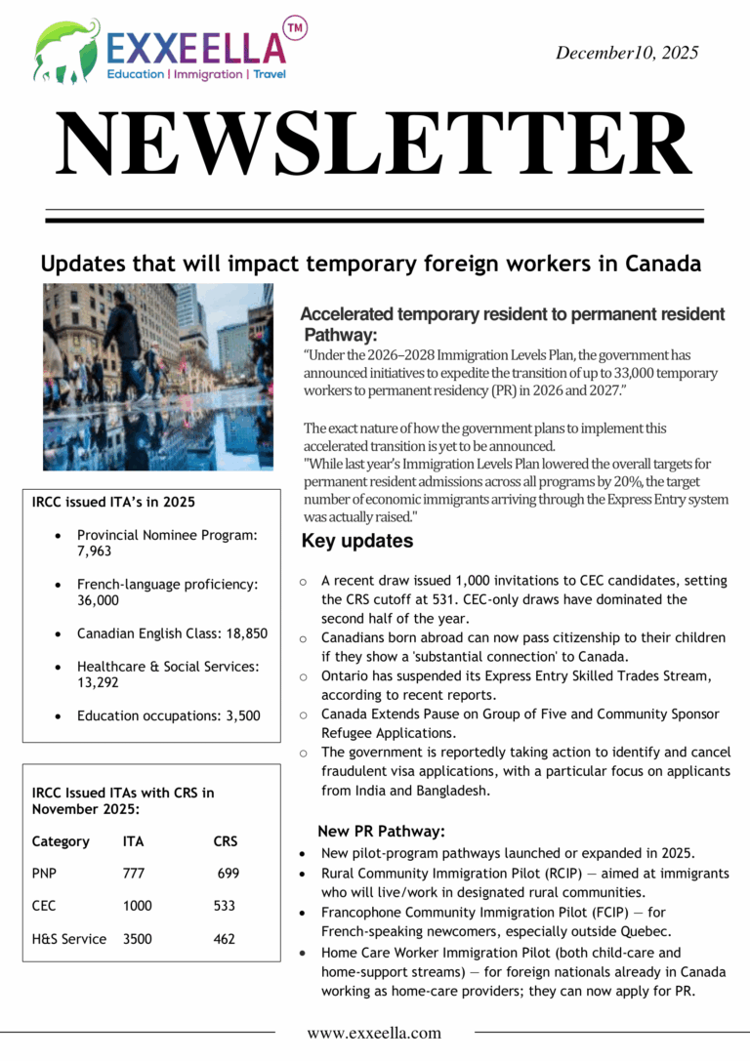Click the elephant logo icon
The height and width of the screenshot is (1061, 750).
66,50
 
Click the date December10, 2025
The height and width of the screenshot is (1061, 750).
627,54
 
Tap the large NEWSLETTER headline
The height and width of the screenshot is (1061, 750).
374,145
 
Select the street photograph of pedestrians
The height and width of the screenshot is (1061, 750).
158,377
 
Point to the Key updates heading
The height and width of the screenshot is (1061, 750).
356,542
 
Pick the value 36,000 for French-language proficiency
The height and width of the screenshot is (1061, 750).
98,601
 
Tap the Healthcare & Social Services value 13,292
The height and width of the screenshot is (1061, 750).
99,683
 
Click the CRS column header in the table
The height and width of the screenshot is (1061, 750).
225,841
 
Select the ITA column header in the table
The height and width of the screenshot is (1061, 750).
134,841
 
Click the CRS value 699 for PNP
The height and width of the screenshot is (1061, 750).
228,874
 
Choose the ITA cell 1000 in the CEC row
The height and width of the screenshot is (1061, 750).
138,906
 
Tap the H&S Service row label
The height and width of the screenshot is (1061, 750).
69,939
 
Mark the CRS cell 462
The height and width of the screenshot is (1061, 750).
225,939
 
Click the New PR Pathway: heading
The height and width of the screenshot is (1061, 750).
381,832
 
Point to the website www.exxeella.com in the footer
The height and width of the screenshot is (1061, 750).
374,1033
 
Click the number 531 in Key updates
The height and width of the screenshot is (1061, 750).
491,599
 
